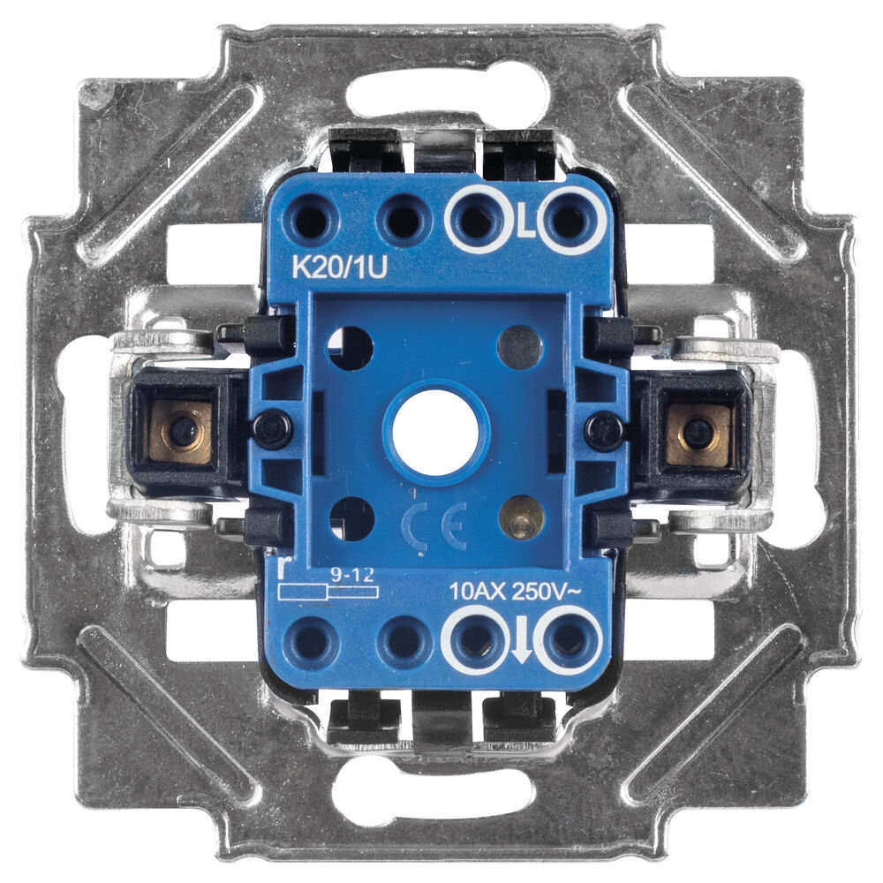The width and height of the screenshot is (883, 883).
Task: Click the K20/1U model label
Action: [340, 268]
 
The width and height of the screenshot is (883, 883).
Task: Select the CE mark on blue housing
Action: [434, 527]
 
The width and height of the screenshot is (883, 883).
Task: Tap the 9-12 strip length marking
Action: [352, 575]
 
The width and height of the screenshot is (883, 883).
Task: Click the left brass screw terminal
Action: [181, 430]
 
